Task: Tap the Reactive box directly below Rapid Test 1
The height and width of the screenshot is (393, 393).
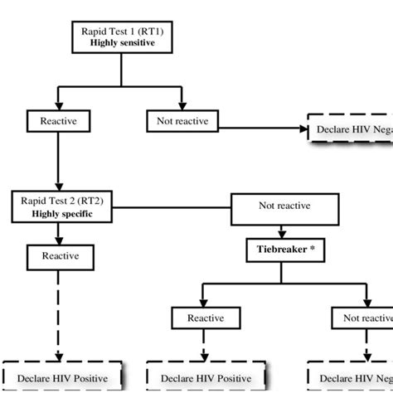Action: [x=56, y=122]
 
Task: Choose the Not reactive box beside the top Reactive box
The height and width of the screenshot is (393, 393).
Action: [x=182, y=122]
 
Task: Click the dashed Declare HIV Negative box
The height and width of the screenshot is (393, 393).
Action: [x=349, y=129]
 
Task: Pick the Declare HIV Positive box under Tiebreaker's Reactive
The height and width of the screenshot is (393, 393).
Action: [x=205, y=377]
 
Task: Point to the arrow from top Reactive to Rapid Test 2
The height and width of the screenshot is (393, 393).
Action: [x=56, y=162]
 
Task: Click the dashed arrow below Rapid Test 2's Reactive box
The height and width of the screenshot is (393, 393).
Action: [x=59, y=315]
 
